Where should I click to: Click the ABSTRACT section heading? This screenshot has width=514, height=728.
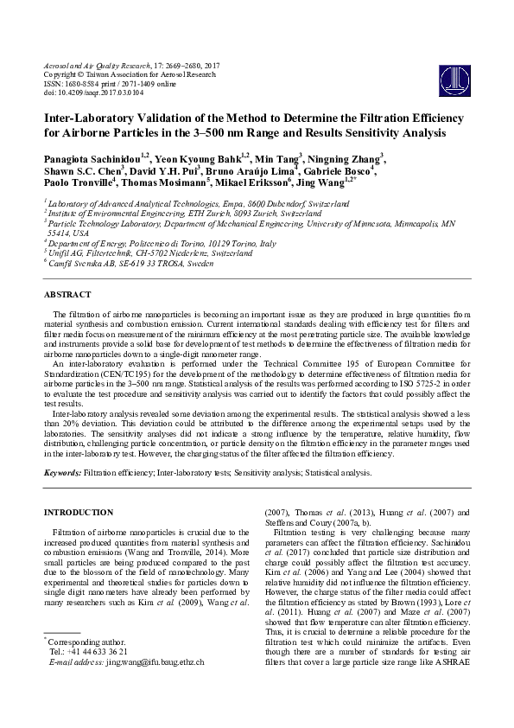pos(67,295)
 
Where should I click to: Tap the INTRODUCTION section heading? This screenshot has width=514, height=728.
pos(79,512)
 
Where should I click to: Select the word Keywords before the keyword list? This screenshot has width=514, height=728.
pos(62,473)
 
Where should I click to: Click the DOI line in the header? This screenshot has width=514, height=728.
pos(93,92)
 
